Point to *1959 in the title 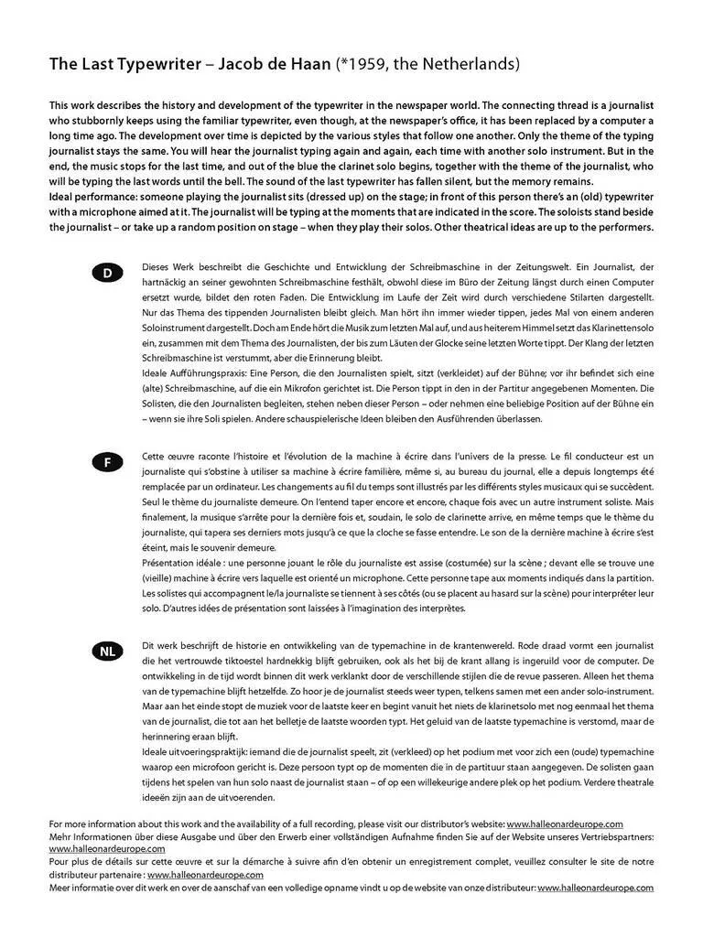tap(386, 65)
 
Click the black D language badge tap(107, 273)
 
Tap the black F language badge tap(107, 462)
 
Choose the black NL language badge tap(107, 652)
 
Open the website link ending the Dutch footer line tap(595, 888)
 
